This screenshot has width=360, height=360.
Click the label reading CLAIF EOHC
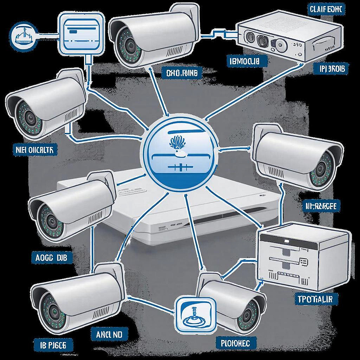[325, 9]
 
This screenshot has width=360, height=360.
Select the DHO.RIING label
[182, 73]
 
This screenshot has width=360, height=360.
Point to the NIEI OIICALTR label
[34, 150]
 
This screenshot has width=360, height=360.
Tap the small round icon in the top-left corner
[24, 35]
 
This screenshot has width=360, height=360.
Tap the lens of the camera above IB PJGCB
[53, 309]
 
